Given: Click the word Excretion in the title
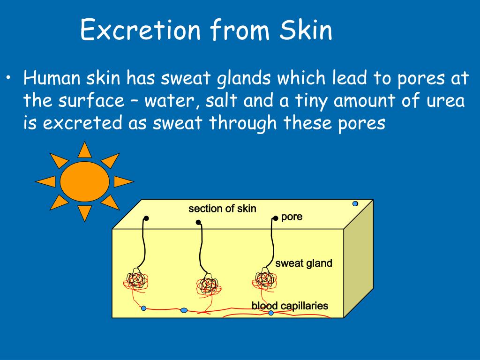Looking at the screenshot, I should coord(141,30).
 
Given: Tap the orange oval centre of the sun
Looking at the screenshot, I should coord(85,180).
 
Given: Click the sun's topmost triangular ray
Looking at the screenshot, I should coord(84,150).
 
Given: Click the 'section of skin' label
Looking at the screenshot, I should coord(222,209).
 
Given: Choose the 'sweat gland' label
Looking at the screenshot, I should coord(304,263).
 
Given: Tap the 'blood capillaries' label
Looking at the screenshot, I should coord(290,306).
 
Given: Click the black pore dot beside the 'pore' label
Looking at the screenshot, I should coord(276,218).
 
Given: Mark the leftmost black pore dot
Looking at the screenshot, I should coord(146,218).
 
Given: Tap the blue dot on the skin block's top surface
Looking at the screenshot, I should coord(355,203).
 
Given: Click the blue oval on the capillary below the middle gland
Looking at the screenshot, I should coord(184,310).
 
